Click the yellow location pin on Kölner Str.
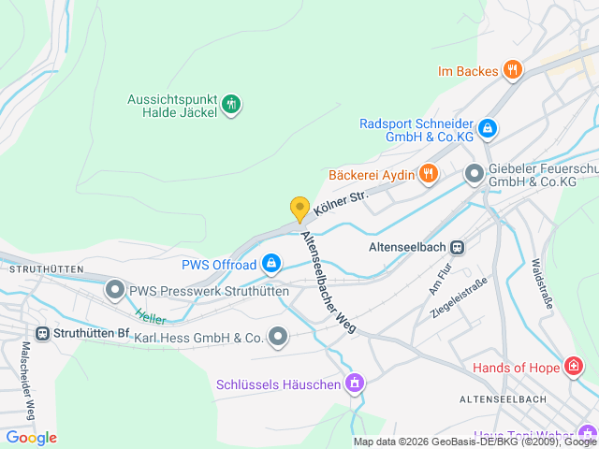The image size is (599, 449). click(299, 209)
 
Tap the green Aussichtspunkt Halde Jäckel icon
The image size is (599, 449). click(232, 105)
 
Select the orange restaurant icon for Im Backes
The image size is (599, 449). click(511, 69)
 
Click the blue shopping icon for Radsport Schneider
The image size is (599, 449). click(487, 128)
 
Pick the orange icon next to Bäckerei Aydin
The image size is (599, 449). click(428, 173)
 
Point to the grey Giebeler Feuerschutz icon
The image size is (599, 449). click(475, 173)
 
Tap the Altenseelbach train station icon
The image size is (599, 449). click(457, 248)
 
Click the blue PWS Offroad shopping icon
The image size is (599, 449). click(270, 265)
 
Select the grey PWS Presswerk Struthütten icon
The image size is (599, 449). click(115, 291)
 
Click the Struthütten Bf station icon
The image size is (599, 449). click(42, 333)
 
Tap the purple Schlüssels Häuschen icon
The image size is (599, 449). click(354, 384)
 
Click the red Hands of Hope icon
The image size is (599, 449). click(572, 367)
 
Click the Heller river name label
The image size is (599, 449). click(150, 317)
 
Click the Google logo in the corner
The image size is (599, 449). click(32, 437)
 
